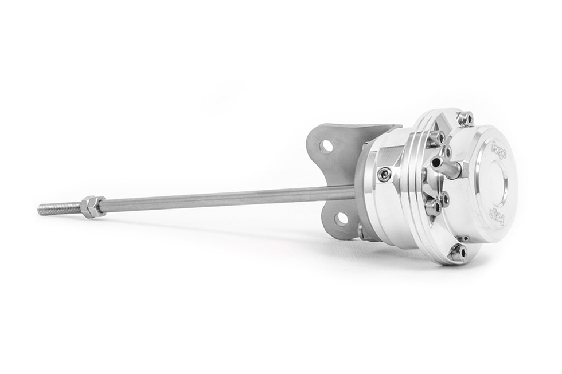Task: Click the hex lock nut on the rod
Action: [92, 206]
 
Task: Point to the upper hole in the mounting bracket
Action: [326, 146]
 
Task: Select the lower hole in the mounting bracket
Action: [341, 218]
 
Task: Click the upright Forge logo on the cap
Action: [499, 151]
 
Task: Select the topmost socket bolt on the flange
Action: [466, 119]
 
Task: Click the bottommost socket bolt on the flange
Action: [457, 251]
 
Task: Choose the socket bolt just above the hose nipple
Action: [436, 138]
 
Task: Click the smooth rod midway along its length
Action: [229, 199]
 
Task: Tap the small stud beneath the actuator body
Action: [362, 232]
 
